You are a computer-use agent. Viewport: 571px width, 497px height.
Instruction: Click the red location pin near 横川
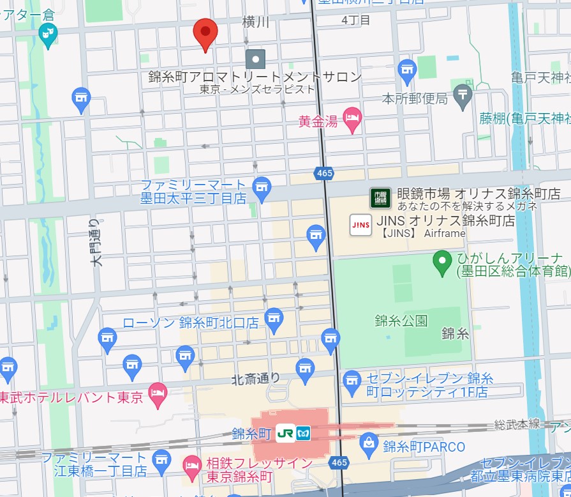click(x=205, y=32)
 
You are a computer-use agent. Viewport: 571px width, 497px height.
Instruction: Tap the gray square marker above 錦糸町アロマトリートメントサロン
click(x=256, y=59)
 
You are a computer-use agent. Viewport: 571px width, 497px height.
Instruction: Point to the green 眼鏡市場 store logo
click(x=380, y=197)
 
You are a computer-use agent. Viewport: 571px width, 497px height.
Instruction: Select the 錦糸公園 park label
click(x=401, y=321)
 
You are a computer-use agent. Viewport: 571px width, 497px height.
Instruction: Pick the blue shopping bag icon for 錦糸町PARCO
click(x=369, y=442)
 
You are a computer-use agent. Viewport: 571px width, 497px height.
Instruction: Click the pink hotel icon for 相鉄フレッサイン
click(x=191, y=468)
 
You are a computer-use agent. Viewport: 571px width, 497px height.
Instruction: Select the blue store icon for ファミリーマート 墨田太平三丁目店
click(x=262, y=187)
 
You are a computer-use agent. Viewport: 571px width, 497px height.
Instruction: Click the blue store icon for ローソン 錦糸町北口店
click(x=274, y=319)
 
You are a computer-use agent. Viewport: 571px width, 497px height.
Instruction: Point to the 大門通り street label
click(x=96, y=242)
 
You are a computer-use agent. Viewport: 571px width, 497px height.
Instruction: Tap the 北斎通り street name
click(x=255, y=378)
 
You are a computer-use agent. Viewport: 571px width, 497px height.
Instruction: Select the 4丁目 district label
click(x=355, y=20)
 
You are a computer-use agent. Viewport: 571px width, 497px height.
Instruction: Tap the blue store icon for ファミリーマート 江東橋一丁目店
click(x=163, y=459)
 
